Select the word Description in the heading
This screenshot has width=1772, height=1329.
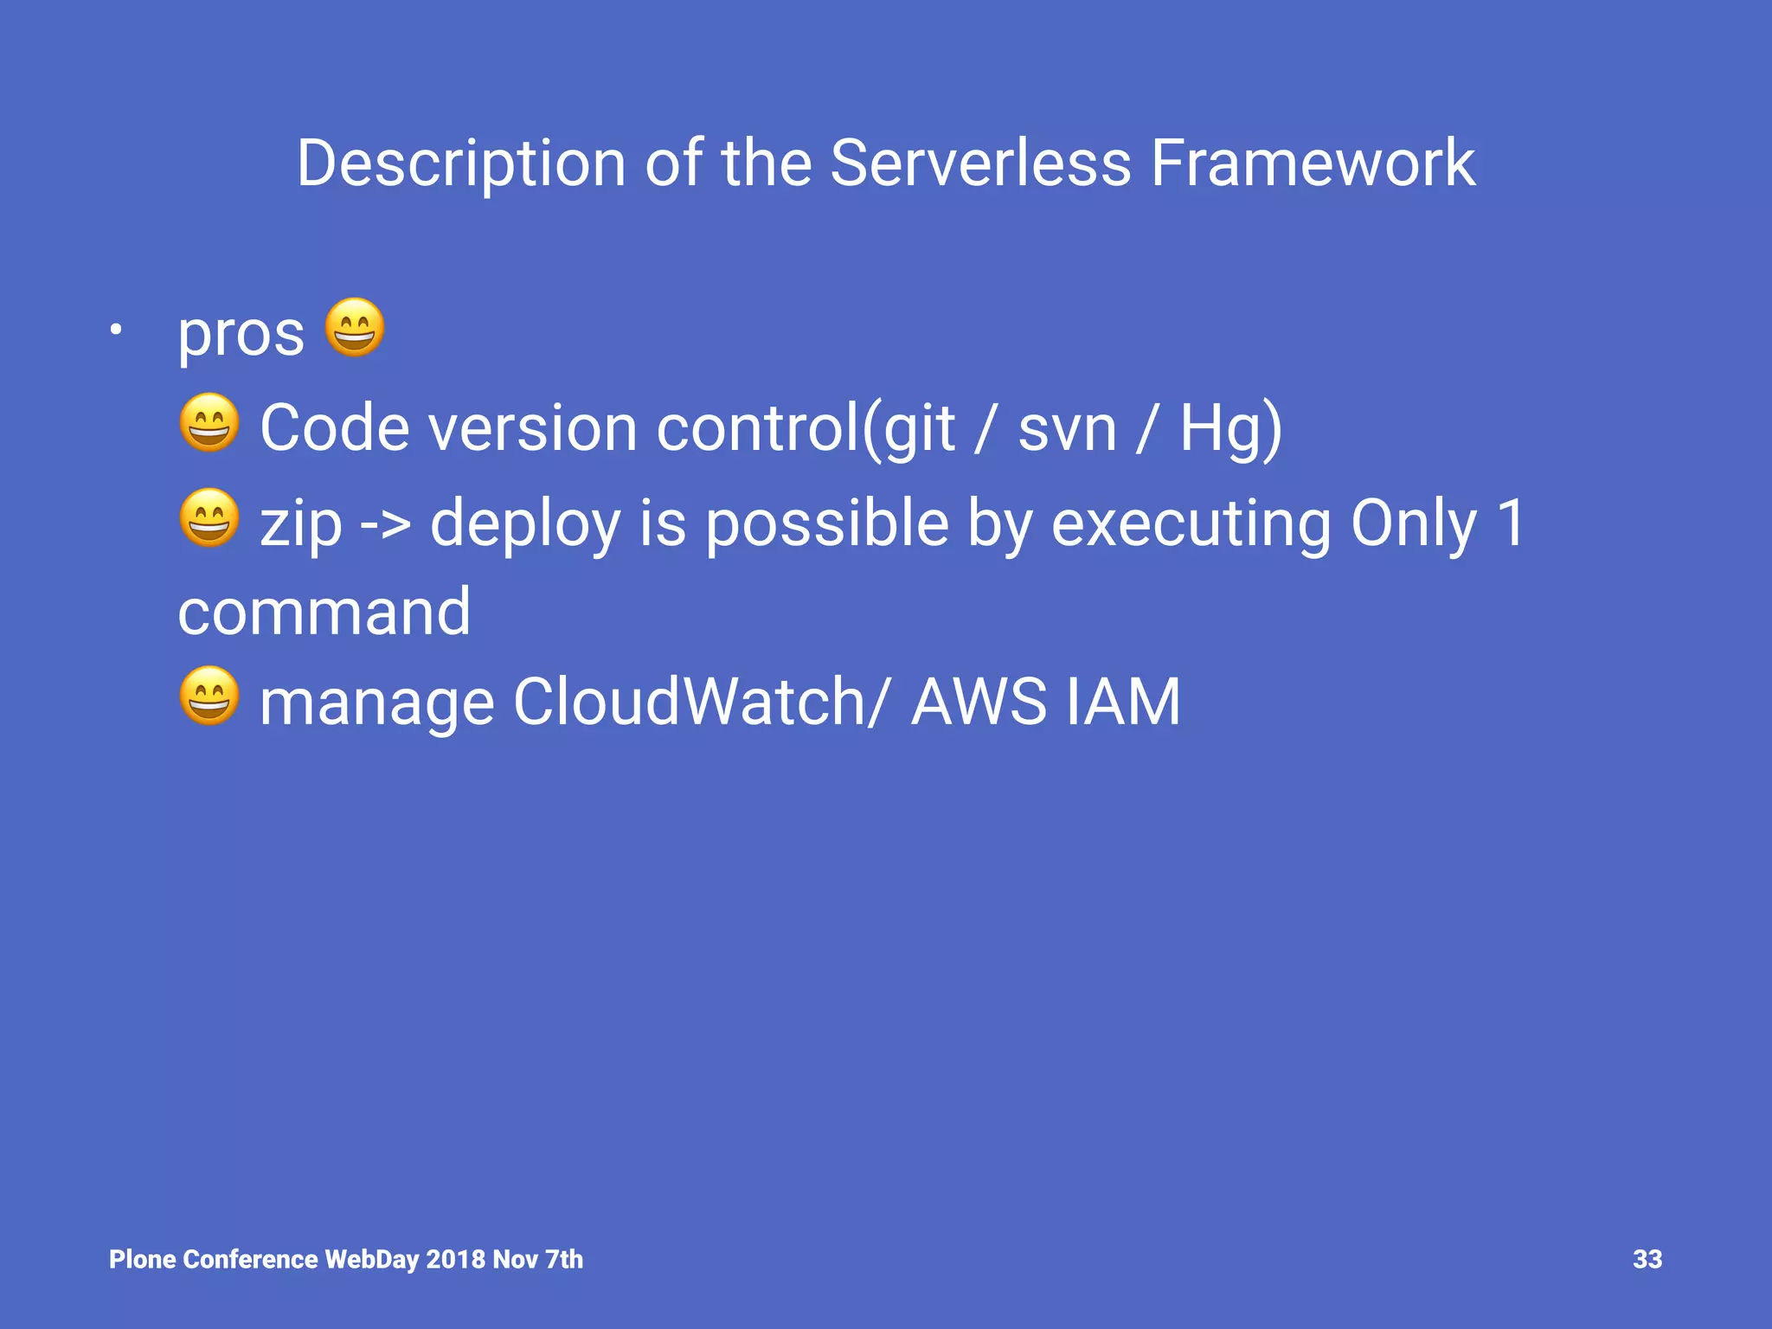(460, 164)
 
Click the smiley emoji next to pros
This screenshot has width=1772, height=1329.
(354, 327)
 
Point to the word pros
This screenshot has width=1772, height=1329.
(241, 334)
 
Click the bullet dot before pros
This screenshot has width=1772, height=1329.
(116, 330)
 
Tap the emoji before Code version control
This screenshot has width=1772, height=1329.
(209, 423)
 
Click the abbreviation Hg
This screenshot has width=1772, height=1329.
(1221, 429)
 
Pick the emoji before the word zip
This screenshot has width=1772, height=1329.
(209, 517)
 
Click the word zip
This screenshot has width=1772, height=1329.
(300, 524)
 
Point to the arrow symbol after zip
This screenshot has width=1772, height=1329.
(384, 524)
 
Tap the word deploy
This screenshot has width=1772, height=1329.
(525, 524)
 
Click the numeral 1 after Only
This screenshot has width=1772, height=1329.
(1511, 523)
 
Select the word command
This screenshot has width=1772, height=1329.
(324, 612)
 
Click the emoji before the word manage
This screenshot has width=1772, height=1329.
(209, 696)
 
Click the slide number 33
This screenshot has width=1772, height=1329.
(1647, 1259)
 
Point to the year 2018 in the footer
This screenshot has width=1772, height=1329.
(455, 1259)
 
